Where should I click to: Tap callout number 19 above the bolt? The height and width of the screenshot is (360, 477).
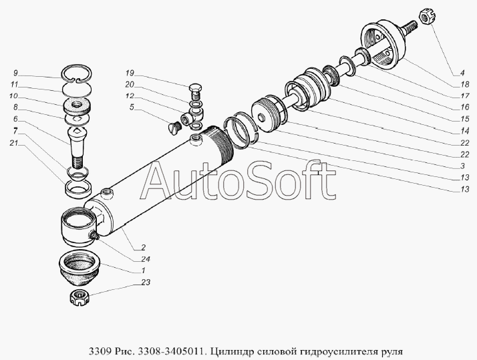[130, 72]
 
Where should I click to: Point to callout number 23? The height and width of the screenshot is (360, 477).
[146, 283]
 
